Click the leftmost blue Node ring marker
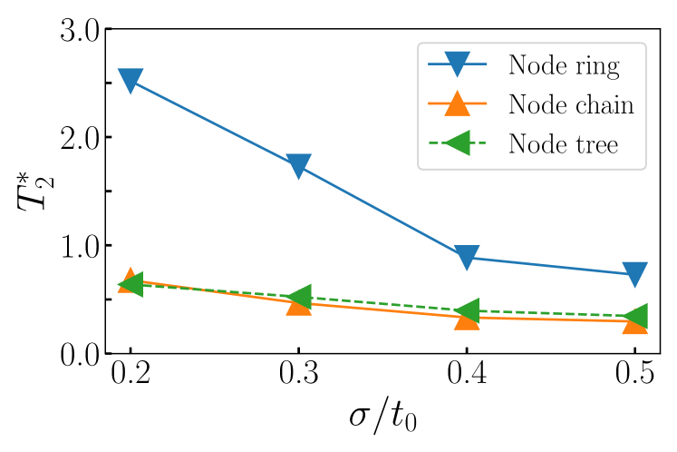click(x=131, y=81)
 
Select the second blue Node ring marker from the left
click(x=298, y=166)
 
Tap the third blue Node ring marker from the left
click(x=466, y=258)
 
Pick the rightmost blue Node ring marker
click(x=634, y=274)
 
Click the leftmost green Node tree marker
click(x=130, y=284)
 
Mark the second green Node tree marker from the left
click(x=298, y=296)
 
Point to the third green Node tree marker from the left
click(x=466, y=310)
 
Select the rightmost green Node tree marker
click(x=635, y=316)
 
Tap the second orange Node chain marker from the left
click(x=298, y=305)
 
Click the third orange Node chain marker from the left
click(x=466, y=319)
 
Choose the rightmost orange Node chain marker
click(x=634, y=324)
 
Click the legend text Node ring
click(x=563, y=65)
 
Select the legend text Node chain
click(x=570, y=104)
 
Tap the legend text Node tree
click(x=562, y=143)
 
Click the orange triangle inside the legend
click(x=458, y=103)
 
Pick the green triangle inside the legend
click(x=457, y=142)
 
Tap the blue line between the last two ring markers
click(x=550, y=266)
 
